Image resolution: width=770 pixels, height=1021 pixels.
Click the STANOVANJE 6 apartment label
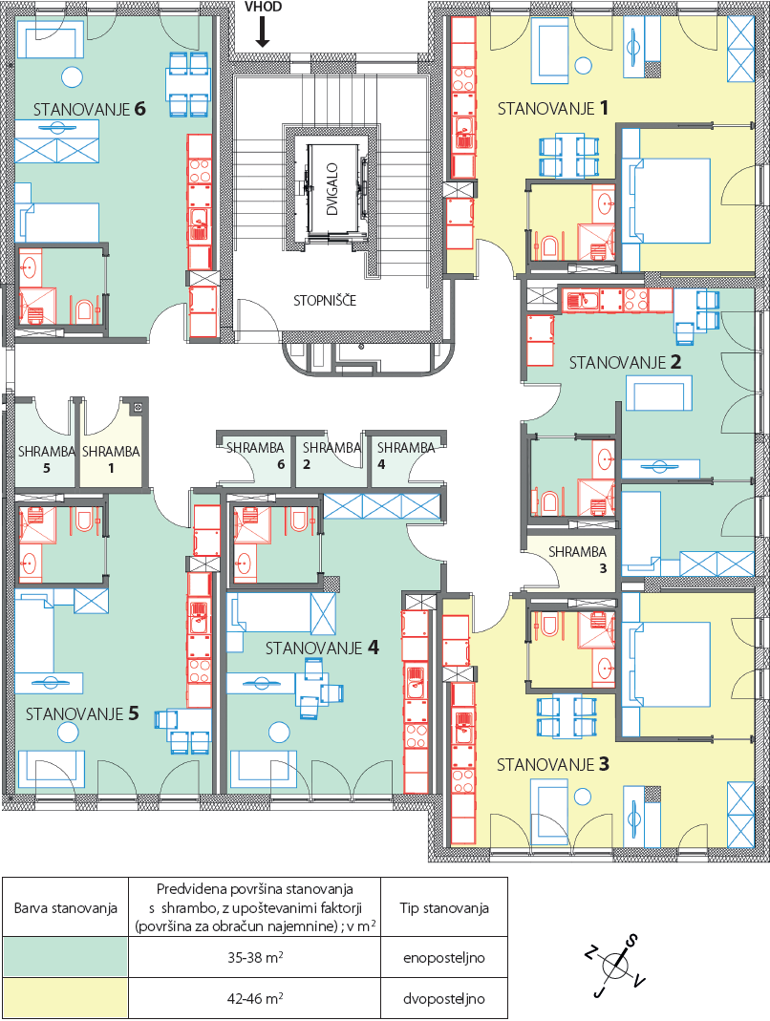coord(90,109)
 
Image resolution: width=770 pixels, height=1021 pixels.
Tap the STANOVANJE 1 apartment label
coord(553,107)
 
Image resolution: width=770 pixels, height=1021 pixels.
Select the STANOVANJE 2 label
coord(626,362)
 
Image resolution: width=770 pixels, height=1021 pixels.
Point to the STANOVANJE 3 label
coord(553,764)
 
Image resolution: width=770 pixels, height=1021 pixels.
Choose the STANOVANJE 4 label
coord(322,648)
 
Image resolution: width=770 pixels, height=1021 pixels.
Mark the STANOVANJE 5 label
coord(82,713)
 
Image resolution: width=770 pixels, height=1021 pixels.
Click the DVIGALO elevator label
coord(332,189)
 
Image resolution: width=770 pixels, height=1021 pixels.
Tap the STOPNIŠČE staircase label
coord(325,301)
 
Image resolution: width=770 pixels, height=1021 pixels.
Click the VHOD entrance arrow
coord(263,32)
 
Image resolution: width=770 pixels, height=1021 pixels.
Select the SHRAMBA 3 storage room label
coord(578,560)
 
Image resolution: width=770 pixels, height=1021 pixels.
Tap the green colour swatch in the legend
coord(65,957)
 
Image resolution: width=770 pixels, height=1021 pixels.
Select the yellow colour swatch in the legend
coord(65,997)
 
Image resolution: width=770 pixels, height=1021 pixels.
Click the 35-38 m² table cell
coord(255,957)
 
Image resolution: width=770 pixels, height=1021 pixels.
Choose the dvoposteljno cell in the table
coord(444,998)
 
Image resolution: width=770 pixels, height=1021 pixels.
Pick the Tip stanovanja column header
coord(444,907)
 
